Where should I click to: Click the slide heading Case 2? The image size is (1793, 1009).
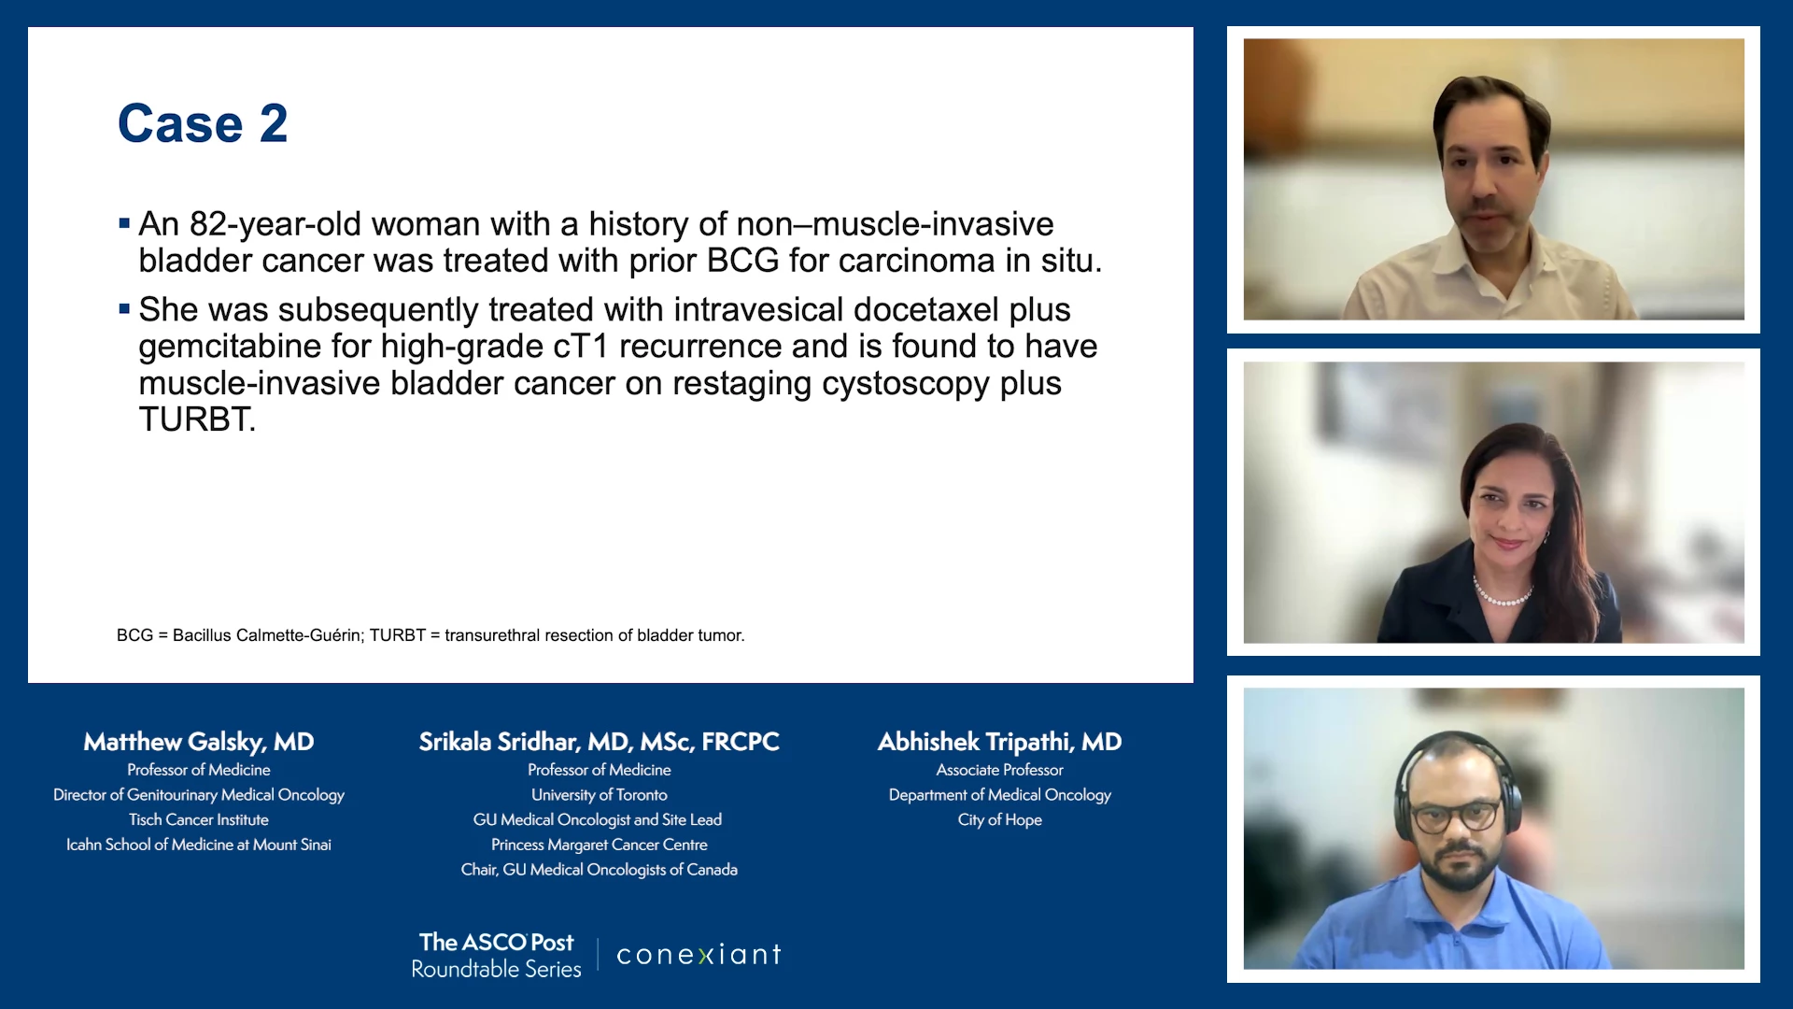click(203, 123)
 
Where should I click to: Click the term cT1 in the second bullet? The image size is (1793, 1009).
click(581, 347)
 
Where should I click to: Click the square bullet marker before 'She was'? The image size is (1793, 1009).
click(124, 308)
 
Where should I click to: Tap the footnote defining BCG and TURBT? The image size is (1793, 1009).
click(431, 635)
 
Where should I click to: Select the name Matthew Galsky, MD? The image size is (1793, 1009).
click(199, 742)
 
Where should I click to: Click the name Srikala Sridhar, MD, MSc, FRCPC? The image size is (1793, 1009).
click(600, 742)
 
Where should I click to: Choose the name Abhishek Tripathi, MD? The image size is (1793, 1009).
click(999, 742)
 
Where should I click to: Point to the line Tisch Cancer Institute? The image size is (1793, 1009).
click(199, 819)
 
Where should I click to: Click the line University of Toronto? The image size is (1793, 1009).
click(600, 795)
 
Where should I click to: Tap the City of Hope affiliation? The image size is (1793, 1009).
click(999, 819)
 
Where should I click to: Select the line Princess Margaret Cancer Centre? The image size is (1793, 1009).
click(600, 845)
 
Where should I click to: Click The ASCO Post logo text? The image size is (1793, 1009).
click(496, 942)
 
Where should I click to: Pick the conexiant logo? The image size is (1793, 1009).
click(699, 954)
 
